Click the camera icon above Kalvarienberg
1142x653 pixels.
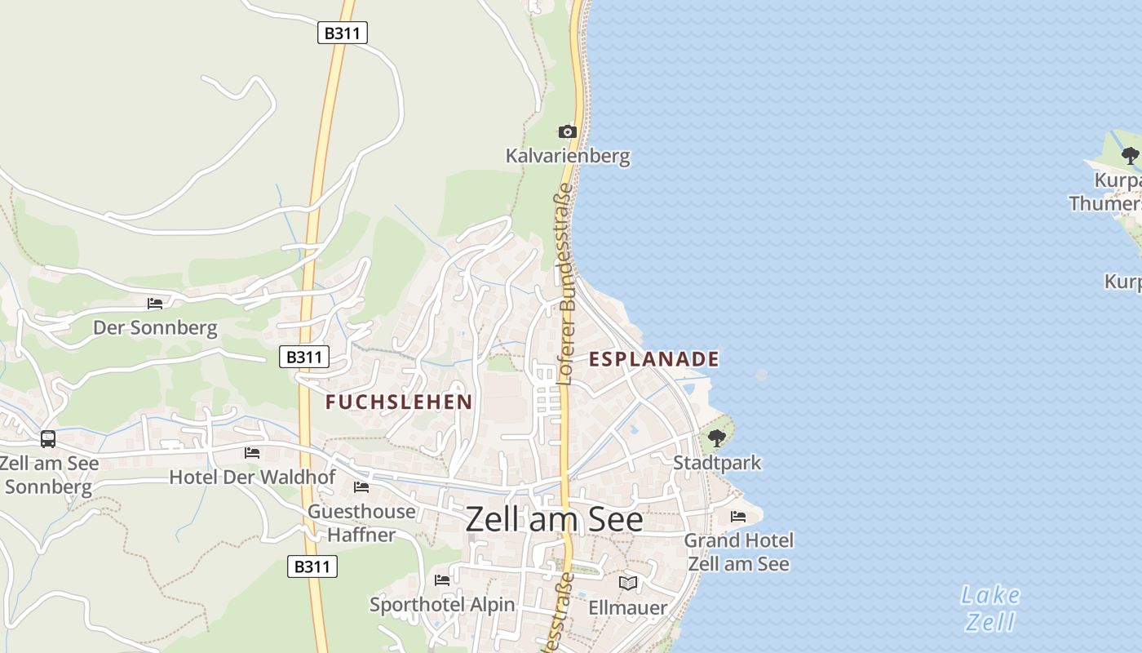(567, 131)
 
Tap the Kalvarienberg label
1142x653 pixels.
(568, 155)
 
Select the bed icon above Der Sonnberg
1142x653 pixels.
(155, 304)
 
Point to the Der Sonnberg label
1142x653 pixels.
(155, 328)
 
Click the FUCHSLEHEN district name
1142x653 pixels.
(399, 402)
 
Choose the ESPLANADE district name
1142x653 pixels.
(654, 359)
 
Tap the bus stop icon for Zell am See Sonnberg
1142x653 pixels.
(48, 439)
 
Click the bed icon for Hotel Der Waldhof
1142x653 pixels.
(252, 452)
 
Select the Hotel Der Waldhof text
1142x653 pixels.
(252, 477)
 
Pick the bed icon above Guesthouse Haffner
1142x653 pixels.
(361, 487)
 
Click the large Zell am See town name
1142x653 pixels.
(554, 520)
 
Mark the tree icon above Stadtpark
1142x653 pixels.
(717, 439)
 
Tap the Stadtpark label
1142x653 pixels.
(717, 463)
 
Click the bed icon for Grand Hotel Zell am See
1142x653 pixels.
(738, 517)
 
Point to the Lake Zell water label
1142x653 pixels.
(990, 608)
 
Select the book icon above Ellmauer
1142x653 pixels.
(627, 583)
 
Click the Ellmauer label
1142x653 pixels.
(627, 607)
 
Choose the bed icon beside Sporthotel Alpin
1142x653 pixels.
(442, 580)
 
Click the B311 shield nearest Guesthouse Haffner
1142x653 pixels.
(312, 566)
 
